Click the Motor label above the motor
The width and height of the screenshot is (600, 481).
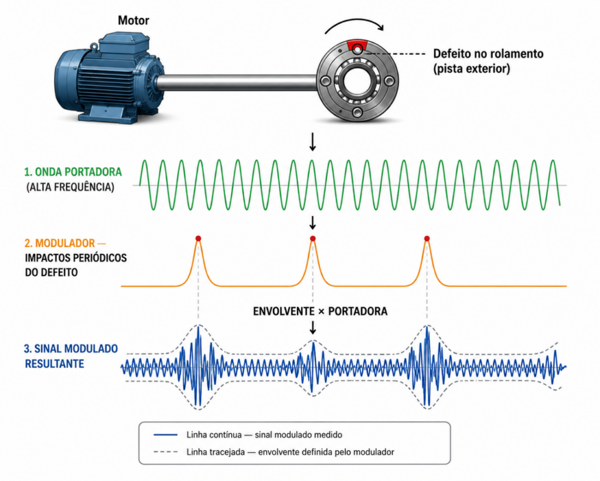[x=133, y=21]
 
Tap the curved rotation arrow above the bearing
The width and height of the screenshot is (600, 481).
[x=354, y=23]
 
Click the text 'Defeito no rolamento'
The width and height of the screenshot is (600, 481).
[x=488, y=53]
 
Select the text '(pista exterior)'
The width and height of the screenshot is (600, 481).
[x=472, y=69]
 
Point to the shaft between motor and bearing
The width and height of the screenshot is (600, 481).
[x=237, y=83]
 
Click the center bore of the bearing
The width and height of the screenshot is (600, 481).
[x=357, y=81]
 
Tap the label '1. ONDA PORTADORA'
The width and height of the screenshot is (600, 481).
[x=73, y=171]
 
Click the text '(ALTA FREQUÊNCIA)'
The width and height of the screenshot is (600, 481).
[x=70, y=187]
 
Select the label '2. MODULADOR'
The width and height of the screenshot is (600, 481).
[x=60, y=243]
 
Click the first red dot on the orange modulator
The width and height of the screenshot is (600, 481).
[x=198, y=239]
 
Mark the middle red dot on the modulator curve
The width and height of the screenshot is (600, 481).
[x=313, y=239]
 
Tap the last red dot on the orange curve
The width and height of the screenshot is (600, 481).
[x=427, y=239]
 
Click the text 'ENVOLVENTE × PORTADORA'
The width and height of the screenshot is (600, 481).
[x=321, y=311]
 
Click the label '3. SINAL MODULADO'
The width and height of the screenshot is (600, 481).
[x=71, y=349]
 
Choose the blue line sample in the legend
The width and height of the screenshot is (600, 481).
[x=165, y=435]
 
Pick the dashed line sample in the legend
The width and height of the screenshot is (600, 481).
[x=165, y=452]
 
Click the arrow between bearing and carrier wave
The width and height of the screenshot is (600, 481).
[x=313, y=142]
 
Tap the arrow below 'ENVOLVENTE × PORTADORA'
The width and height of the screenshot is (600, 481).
[x=313, y=327]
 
